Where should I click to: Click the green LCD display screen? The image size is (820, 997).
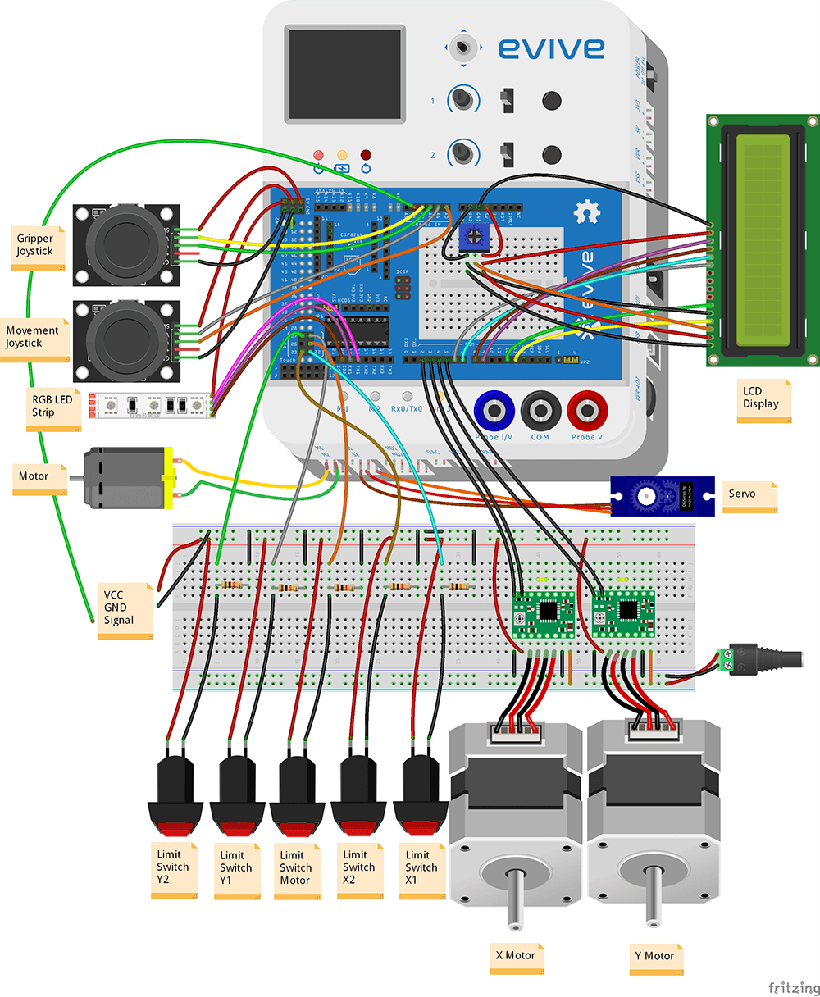[x=763, y=240]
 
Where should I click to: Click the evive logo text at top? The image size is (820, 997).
[x=552, y=48]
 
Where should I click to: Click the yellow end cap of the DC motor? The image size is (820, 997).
[x=169, y=476]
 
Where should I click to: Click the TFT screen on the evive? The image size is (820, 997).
[x=344, y=73]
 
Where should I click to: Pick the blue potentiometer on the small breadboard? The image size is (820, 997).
[x=473, y=238]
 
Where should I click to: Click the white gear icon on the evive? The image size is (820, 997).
[x=587, y=212]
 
